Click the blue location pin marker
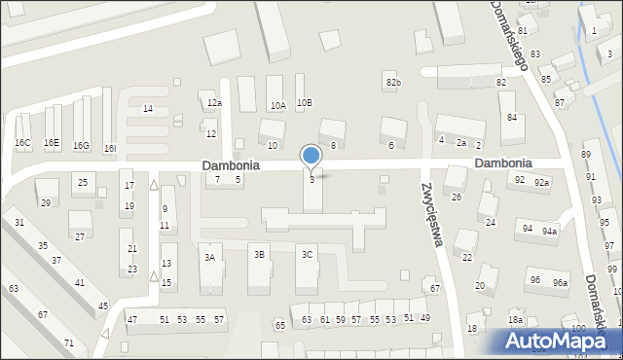[x=311, y=157]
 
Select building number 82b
[x=392, y=83]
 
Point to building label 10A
[x=278, y=105]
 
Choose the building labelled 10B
[x=305, y=102]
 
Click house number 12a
[x=214, y=103]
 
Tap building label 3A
[x=208, y=257]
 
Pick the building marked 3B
[x=259, y=255]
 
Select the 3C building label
[x=307, y=255]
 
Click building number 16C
[x=21, y=143]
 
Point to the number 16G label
[x=81, y=146]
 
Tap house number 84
[x=511, y=118]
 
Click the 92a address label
[x=541, y=182]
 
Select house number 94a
[x=550, y=231]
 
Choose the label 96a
[x=560, y=282]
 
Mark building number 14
[x=148, y=108]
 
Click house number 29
[x=45, y=202]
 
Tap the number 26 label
[x=456, y=198]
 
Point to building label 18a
[x=515, y=320]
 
